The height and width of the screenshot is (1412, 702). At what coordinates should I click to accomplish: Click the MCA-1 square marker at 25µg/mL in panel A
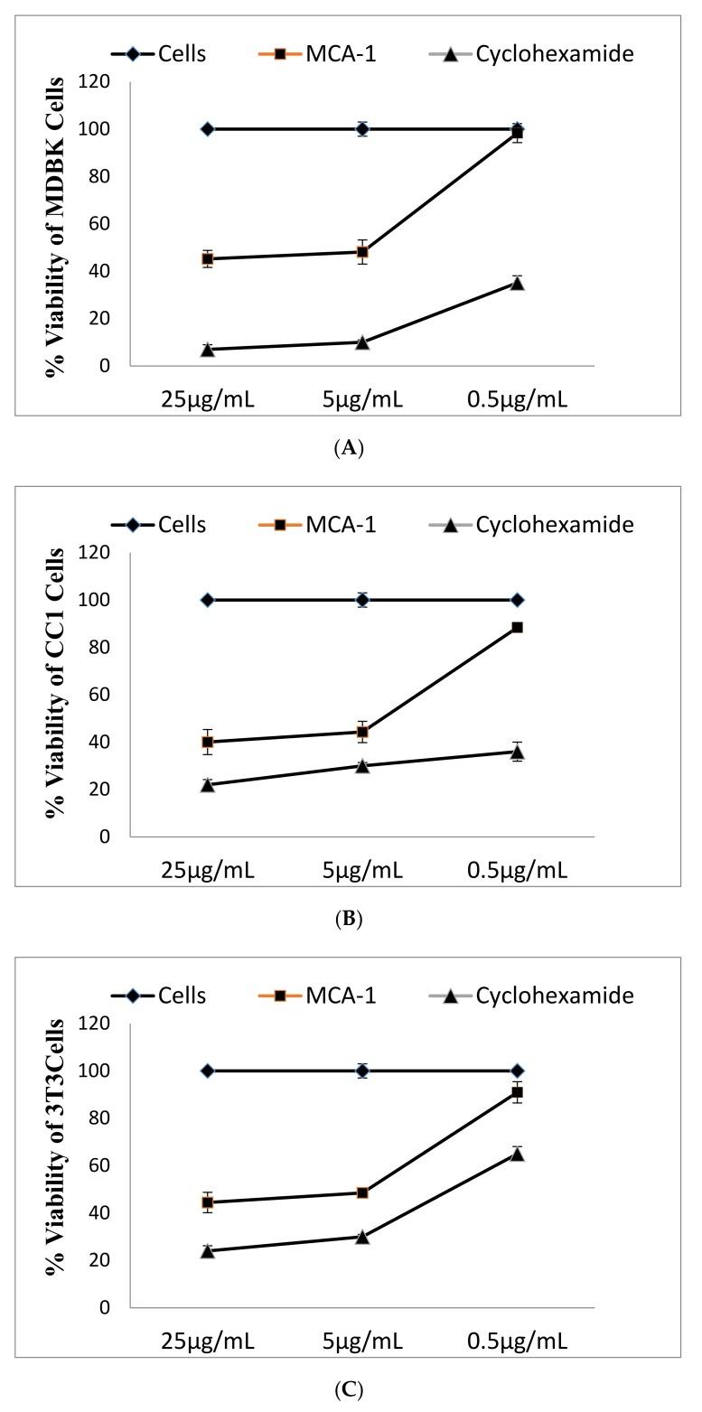click(x=208, y=259)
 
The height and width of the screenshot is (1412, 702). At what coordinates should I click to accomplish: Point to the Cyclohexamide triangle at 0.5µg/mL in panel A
click(x=517, y=283)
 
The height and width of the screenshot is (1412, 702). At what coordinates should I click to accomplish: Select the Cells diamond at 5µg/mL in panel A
click(x=362, y=129)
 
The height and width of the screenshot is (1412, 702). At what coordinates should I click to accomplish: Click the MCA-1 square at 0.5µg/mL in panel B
click(x=517, y=627)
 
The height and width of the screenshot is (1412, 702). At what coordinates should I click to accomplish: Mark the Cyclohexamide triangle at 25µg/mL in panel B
click(x=208, y=784)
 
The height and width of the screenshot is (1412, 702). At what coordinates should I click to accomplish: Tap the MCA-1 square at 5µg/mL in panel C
click(x=362, y=1192)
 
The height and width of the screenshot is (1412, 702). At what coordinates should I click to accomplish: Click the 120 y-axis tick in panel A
click(x=94, y=82)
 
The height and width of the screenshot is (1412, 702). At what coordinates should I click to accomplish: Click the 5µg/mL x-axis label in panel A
click(x=362, y=398)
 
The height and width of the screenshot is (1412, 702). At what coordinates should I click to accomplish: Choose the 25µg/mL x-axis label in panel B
click(x=208, y=870)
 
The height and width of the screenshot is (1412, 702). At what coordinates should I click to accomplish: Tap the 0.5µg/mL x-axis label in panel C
click(x=517, y=1341)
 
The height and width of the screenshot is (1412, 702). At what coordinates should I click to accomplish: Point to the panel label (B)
click(x=350, y=919)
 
